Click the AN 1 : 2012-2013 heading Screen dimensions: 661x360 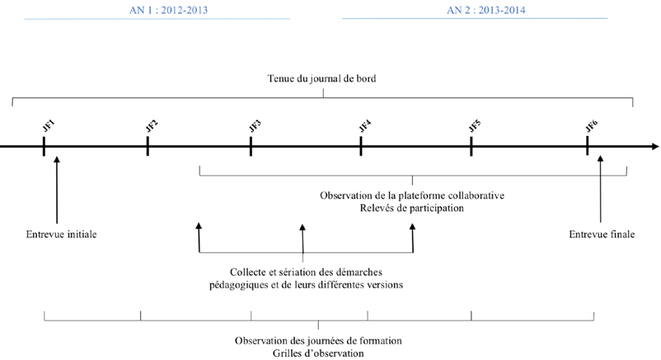[168, 10]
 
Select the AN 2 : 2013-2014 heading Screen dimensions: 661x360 [486, 10]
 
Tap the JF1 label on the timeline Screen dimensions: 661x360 [49, 126]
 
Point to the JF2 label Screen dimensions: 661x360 [152, 126]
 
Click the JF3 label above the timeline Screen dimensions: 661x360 [255, 126]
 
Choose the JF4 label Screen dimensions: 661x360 [365, 126]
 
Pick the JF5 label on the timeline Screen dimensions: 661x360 [475, 126]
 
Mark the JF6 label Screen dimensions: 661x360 [592, 126]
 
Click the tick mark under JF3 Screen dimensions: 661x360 [251, 147]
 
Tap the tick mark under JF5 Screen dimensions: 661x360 [471, 147]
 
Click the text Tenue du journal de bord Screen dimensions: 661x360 [321, 79]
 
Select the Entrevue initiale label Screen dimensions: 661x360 [62, 235]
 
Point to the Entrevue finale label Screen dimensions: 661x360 [602, 235]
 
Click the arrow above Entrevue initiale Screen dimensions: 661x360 [57, 189]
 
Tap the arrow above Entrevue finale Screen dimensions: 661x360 [600, 189]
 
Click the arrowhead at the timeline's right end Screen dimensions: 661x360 [655, 147]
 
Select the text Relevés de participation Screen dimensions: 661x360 [412, 208]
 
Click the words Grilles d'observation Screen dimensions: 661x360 [318, 353]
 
